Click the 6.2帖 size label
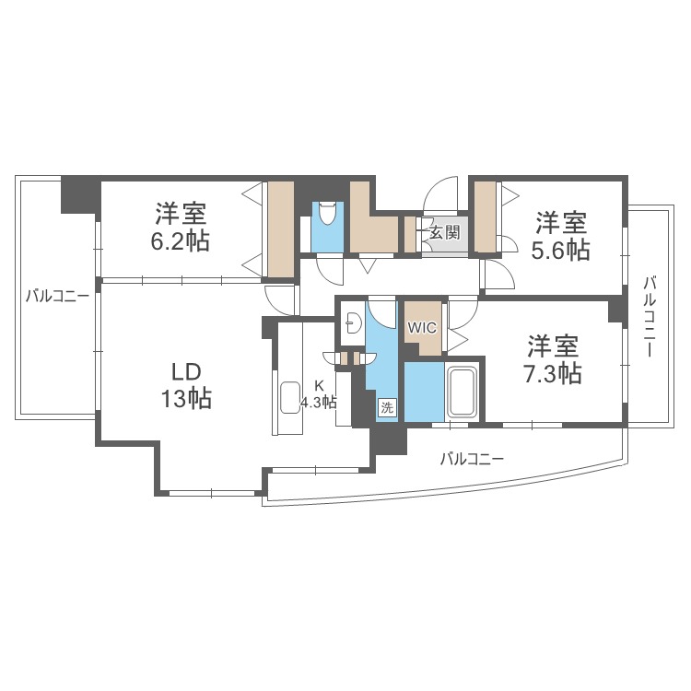[182, 241]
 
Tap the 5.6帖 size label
[562, 249]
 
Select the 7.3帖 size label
[553, 373]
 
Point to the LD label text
[186, 371]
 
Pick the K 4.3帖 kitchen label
[320, 394]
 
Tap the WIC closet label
[422, 327]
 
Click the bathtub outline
[461, 392]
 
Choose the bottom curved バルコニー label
[471, 458]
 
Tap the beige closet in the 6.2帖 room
[280, 228]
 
